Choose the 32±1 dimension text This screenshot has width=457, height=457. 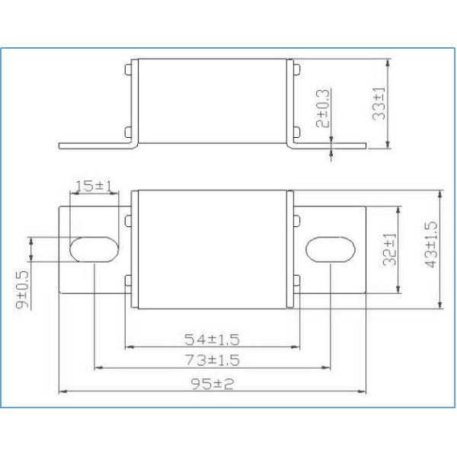click(x=390, y=248)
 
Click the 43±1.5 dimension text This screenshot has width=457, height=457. click(x=431, y=244)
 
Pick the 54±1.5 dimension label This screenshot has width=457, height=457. click(x=213, y=338)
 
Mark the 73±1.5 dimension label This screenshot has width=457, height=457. click(x=213, y=359)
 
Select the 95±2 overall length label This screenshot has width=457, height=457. click(x=213, y=382)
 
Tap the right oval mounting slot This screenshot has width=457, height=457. click(x=330, y=249)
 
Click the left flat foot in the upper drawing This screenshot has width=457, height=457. click(x=95, y=145)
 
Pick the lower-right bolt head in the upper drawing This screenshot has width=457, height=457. click(x=296, y=130)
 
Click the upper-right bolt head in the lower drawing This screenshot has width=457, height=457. click(x=296, y=221)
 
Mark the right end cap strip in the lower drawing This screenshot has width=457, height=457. click(x=289, y=251)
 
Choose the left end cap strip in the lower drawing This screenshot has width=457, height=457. click(x=135, y=251)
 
